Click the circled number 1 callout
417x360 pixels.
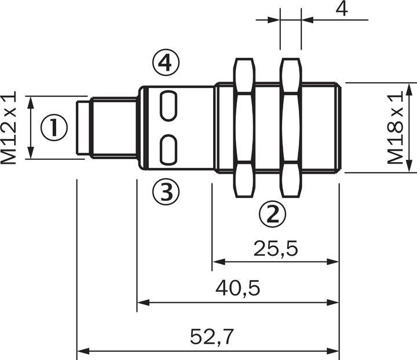point(54,127)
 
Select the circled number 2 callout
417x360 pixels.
point(272,214)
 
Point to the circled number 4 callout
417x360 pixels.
point(166,63)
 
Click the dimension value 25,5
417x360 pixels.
point(275,248)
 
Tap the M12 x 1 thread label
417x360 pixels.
point(10,127)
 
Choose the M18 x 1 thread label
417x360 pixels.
point(395,127)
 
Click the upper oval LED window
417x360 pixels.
point(169,106)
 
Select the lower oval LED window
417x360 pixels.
point(169,148)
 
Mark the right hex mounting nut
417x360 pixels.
point(291,127)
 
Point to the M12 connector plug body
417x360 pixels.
point(107,127)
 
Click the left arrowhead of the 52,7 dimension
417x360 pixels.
point(82,350)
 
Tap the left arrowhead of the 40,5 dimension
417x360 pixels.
point(142,302)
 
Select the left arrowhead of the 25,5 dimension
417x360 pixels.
point(217,262)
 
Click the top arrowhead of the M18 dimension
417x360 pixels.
point(409,88)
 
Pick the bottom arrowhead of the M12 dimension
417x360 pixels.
point(32,154)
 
